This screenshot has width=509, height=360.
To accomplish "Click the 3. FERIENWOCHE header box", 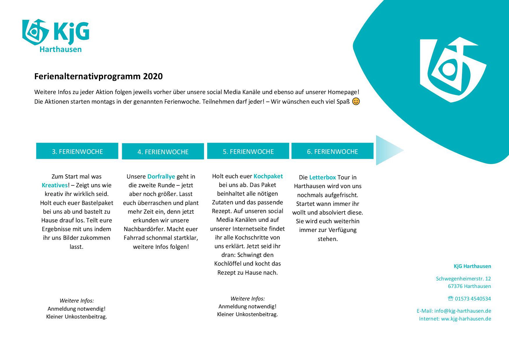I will coord(77,151).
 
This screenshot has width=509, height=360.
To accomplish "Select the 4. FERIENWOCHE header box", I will coord(163,151).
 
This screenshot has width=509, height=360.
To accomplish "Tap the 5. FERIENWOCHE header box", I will coord(248,151).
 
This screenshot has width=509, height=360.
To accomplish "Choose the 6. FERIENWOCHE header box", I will coord(332,151).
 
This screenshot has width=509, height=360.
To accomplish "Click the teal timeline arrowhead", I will coord(388,150).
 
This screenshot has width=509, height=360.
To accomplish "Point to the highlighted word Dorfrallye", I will coord(161,177).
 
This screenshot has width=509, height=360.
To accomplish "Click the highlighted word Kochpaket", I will coord(268,176).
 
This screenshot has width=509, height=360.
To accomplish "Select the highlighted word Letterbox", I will coord(322,177).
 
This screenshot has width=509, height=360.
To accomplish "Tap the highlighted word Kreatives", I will coord(55,185).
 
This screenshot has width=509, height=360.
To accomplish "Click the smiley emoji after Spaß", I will coord(356,102).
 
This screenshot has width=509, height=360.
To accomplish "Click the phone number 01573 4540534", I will coord(473,299).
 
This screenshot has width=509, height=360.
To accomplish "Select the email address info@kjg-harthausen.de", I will coord(463,311).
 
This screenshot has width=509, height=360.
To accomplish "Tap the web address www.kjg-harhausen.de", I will coord(466,319).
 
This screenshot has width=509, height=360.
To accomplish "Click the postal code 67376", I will coord(455,286).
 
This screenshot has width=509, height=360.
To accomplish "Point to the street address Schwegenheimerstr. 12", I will coord(463,279).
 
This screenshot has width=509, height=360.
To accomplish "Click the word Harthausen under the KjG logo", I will coord(60,49).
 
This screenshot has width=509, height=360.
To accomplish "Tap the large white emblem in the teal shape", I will coord(451,70).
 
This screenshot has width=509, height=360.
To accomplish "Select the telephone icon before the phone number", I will coord(450,298).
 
